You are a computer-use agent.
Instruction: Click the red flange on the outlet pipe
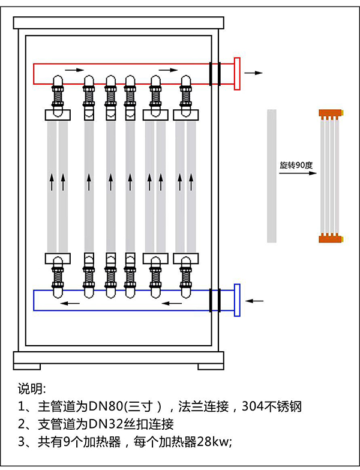[x=237, y=73]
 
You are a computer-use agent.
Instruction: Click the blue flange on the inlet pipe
[x=237, y=300]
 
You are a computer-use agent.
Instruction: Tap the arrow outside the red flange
[x=254, y=73]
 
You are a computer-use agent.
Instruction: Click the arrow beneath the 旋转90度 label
[x=297, y=173]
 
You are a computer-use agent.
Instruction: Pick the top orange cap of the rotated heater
[x=331, y=113]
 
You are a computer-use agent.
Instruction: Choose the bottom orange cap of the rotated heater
[x=331, y=239]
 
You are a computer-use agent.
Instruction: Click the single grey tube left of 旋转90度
[x=272, y=176]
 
